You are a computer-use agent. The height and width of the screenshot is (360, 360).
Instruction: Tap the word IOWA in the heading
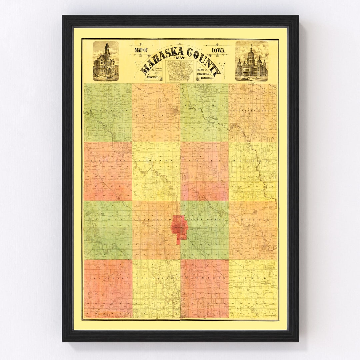(x=217, y=51)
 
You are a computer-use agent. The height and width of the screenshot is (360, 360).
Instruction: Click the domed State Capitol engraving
(x=251, y=61)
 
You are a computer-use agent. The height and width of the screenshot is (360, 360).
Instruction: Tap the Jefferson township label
(x=107, y=277)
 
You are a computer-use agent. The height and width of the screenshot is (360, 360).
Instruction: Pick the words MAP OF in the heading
(x=142, y=50)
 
